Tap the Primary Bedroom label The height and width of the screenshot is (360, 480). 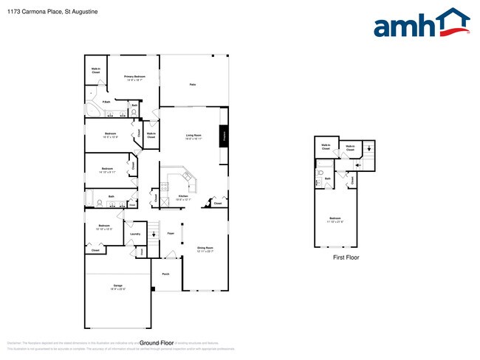pos(134,78)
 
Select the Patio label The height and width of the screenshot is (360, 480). pos(192,85)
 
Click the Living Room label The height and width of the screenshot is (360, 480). pos(193,136)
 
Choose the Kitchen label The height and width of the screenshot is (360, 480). pos(184,198)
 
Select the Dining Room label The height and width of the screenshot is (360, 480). pos(205,249)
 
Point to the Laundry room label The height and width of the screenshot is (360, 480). pos(134,234)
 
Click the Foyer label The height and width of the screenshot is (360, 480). pos(171,233)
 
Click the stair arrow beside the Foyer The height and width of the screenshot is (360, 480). pos(153,234)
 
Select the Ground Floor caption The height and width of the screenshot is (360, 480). pos(157,343)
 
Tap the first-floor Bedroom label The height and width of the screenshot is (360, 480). pos(336,219)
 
